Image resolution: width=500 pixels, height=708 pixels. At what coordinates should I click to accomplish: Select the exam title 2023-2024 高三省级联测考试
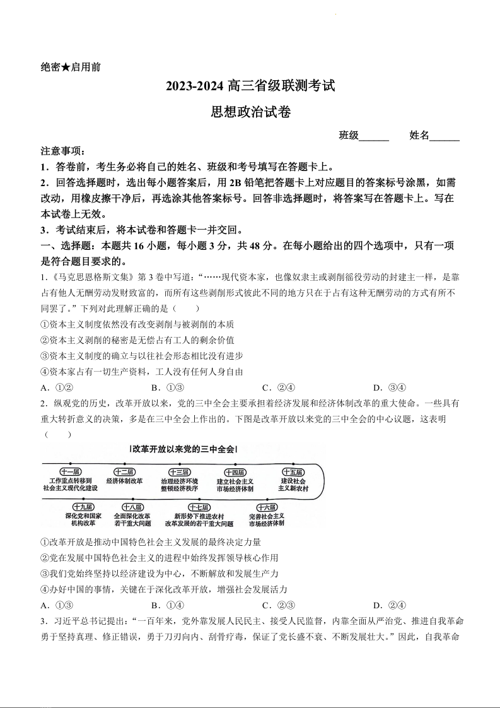coord(250,86)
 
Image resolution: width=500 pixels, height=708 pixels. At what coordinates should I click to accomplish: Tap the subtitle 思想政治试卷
coord(250,112)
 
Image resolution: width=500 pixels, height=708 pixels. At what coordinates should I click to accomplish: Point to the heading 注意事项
coord(63,151)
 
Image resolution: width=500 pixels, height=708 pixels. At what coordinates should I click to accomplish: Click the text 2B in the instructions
coord(235,183)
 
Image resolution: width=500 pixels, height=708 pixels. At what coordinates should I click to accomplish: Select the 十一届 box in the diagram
coord(70,472)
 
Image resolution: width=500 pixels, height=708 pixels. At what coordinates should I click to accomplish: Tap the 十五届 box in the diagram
coord(293,472)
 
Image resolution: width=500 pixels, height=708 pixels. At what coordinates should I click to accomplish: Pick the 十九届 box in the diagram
coord(83,507)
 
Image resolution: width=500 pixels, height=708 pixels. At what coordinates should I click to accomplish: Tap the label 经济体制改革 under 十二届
coord(124,481)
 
